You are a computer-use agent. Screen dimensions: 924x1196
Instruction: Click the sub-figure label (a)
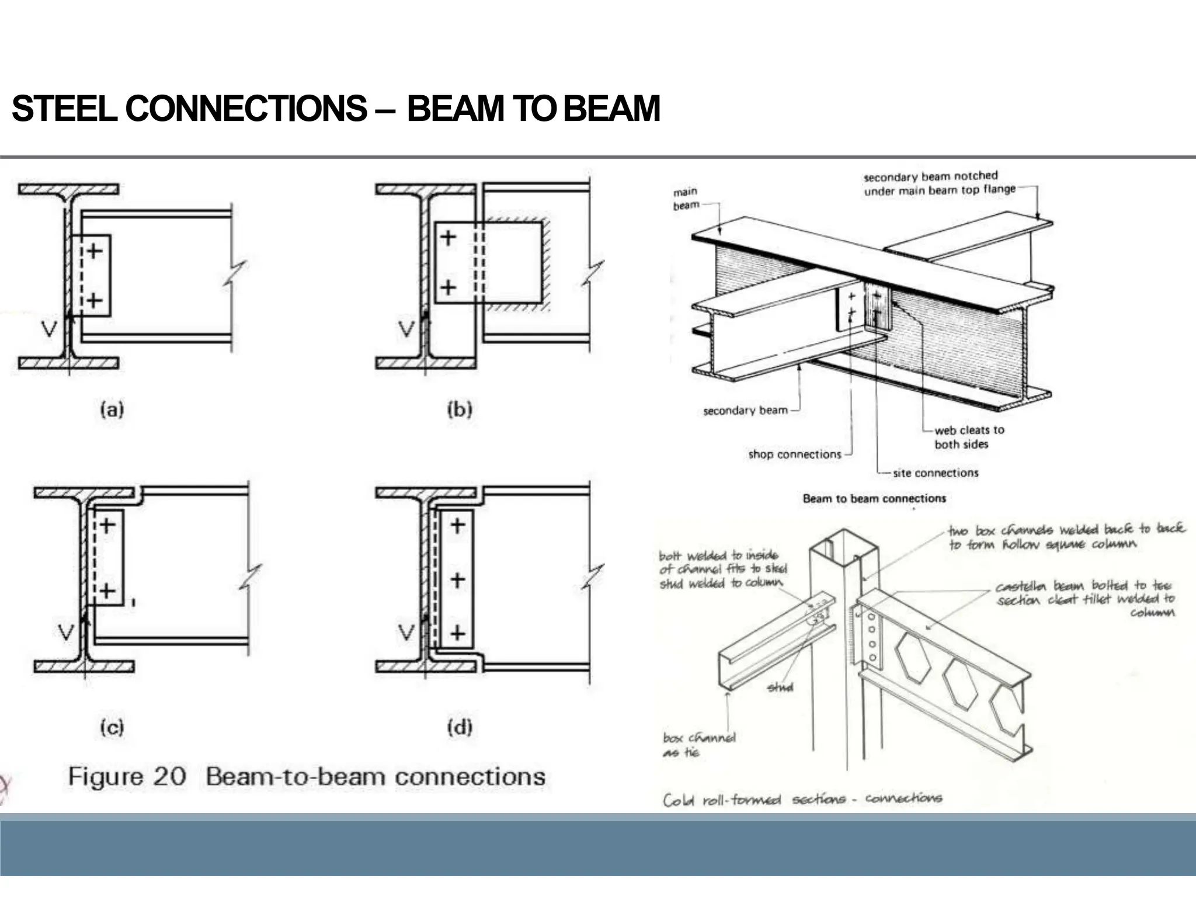(x=112, y=409)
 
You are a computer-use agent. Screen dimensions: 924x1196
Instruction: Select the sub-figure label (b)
(x=460, y=409)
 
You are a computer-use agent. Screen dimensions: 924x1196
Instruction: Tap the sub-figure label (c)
(x=112, y=727)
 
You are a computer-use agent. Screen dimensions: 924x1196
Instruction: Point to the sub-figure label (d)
(x=460, y=727)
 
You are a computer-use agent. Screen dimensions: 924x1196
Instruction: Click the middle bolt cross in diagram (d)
(x=458, y=580)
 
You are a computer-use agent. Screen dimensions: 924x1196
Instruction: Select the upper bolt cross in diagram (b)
(x=448, y=238)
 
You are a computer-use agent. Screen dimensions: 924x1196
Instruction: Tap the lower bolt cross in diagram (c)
(x=107, y=591)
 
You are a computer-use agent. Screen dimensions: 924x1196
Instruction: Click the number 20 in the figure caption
(x=169, y=777)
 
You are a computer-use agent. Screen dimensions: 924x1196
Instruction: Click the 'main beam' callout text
(x=686, y=199)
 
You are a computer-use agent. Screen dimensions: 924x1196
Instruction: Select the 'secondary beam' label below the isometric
(x=745, y=411)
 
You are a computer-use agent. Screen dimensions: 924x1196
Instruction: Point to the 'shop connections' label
(x=794, y=454)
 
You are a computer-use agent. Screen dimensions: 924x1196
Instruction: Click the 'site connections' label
(x=935, y=473)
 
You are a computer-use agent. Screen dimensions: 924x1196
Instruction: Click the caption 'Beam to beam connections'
(x=874, y=499)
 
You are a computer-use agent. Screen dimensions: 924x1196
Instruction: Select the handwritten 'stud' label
(x=780, y=687)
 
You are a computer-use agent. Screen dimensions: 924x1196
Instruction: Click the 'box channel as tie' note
(x=698, y=745)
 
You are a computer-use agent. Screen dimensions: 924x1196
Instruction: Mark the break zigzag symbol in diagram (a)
(x=235, y=273)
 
